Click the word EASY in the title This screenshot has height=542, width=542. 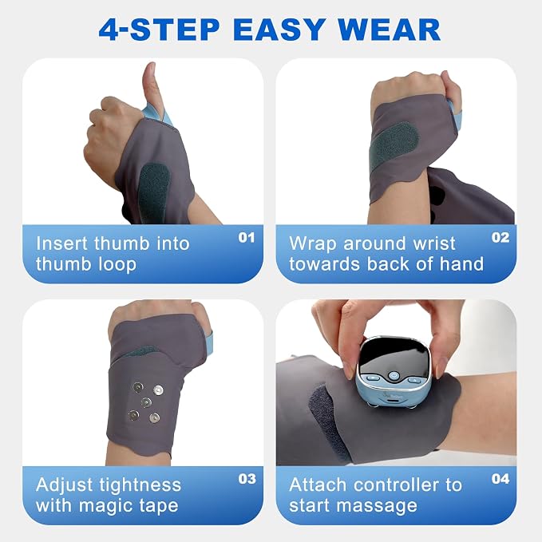pyautogui.click(x=279, y=30)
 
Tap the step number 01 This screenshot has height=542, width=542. pyautogui.click(x=247, y=237)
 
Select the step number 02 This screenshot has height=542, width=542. pyautogui.click(x=500, y=237)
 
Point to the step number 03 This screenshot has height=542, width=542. pyautogui.click(x=247, y=479)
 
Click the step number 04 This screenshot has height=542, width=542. pyautogui.click(x=500, y=479)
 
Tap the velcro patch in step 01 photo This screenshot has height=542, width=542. pyautogui.click(x=153, y=192)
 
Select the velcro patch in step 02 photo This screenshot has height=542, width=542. pyautogui.click(x=394, y=146)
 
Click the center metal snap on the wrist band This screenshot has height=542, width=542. pyautogui.click(x=146, y=402)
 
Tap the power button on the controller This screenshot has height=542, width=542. pyautogui.click(x=394, y=375)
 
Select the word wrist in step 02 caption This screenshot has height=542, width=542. pyautogui.click(x=433, y=243)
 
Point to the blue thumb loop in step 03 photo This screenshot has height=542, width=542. pyautogui.click(x=210, y=346)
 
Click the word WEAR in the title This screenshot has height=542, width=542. pyautogui.click(x=390, y=30)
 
